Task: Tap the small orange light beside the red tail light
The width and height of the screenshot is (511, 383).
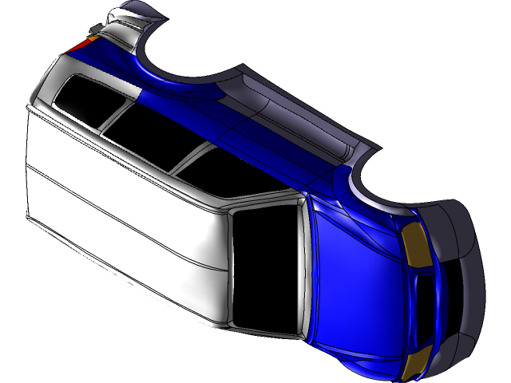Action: coord(92,37)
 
